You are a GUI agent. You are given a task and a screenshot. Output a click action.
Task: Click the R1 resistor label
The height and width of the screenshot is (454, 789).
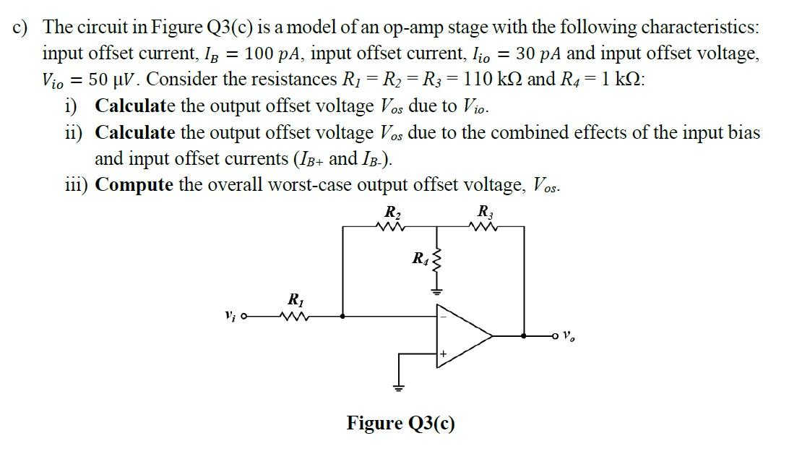[x=295, y=299]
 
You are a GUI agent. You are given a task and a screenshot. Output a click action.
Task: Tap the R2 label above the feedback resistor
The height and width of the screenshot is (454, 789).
[x=392, y=213]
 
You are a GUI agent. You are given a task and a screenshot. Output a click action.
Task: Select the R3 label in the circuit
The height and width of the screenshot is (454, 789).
[x=484, y=213]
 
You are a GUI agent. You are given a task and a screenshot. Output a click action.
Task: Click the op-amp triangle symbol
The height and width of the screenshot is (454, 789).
[x=462, y=335]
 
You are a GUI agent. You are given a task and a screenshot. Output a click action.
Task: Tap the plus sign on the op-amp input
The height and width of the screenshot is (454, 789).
[x=444, y=354]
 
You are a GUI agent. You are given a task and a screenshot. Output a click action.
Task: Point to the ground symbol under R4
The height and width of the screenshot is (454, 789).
[x=436, y=291]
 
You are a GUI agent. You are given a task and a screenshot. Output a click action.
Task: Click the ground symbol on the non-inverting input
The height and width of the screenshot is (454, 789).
[x=396, y=386]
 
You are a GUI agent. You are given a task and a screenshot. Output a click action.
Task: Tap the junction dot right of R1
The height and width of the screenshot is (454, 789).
[x=342, y=316]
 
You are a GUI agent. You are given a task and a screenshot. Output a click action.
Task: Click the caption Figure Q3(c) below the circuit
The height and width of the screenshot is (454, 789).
[x=401, y=422]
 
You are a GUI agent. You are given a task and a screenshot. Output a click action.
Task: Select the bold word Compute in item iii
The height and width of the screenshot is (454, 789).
[x=134, y=185]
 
